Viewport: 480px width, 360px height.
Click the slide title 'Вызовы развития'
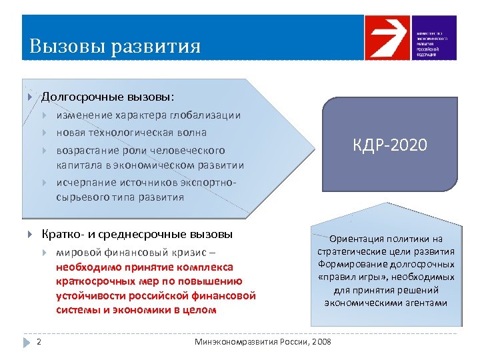[115, 47]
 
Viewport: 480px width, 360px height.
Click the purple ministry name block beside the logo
[433, 37]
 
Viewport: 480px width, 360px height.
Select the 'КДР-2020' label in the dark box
[390, 145]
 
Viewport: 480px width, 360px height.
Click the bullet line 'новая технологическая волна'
[131, 133]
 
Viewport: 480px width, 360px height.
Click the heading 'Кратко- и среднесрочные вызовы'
[137, 234]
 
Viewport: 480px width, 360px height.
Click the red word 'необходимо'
[85, 267]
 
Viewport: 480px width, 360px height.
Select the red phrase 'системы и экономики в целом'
[136, 309]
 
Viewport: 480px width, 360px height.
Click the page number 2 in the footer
[39, 342]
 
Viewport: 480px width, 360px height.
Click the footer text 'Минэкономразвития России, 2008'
[262, 342]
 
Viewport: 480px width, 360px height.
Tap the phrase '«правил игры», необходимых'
[386, 277]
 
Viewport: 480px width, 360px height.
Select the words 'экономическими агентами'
[386, 302]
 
